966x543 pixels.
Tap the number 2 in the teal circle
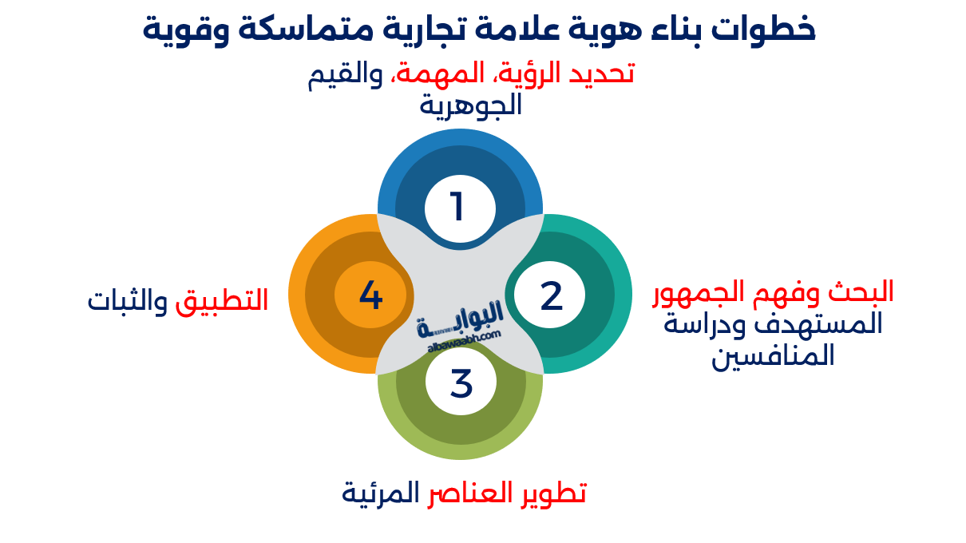point(551,295)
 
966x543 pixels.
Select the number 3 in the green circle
point(461,383)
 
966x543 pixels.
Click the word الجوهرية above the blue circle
point(471,105)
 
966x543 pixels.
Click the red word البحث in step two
point(860,291)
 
